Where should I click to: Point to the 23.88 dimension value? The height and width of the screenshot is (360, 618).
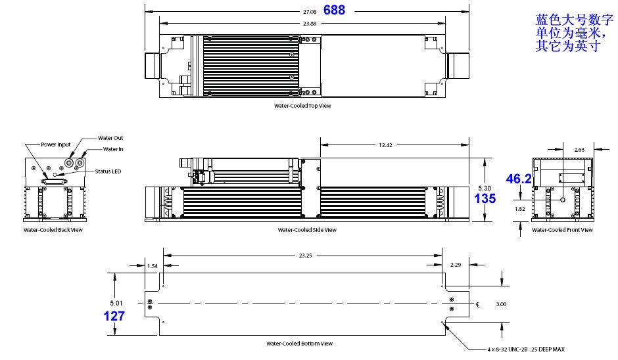pos(309,23)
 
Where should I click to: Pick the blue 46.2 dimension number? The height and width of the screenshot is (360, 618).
pos(517,178)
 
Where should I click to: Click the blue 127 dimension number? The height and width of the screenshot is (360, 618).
pos(114,315)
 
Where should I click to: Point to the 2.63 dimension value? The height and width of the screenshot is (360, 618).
pos(580,150)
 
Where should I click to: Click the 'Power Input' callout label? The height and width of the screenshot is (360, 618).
pos(55,145)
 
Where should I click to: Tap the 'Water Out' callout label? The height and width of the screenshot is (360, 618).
pos(110,138)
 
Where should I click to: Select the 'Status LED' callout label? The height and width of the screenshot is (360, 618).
pos(107,171)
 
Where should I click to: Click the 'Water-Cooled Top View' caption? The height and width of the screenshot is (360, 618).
pos(302,105)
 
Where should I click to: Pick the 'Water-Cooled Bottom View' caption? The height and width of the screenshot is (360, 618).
pos(299,343)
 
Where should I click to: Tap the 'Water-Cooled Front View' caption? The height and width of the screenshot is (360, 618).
pos(562,230)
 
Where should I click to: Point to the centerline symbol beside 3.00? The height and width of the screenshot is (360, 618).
pos(479,304)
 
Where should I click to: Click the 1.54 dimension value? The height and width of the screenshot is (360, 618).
pos(152,265)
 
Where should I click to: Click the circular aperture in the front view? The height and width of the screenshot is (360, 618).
pos(562,199)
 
